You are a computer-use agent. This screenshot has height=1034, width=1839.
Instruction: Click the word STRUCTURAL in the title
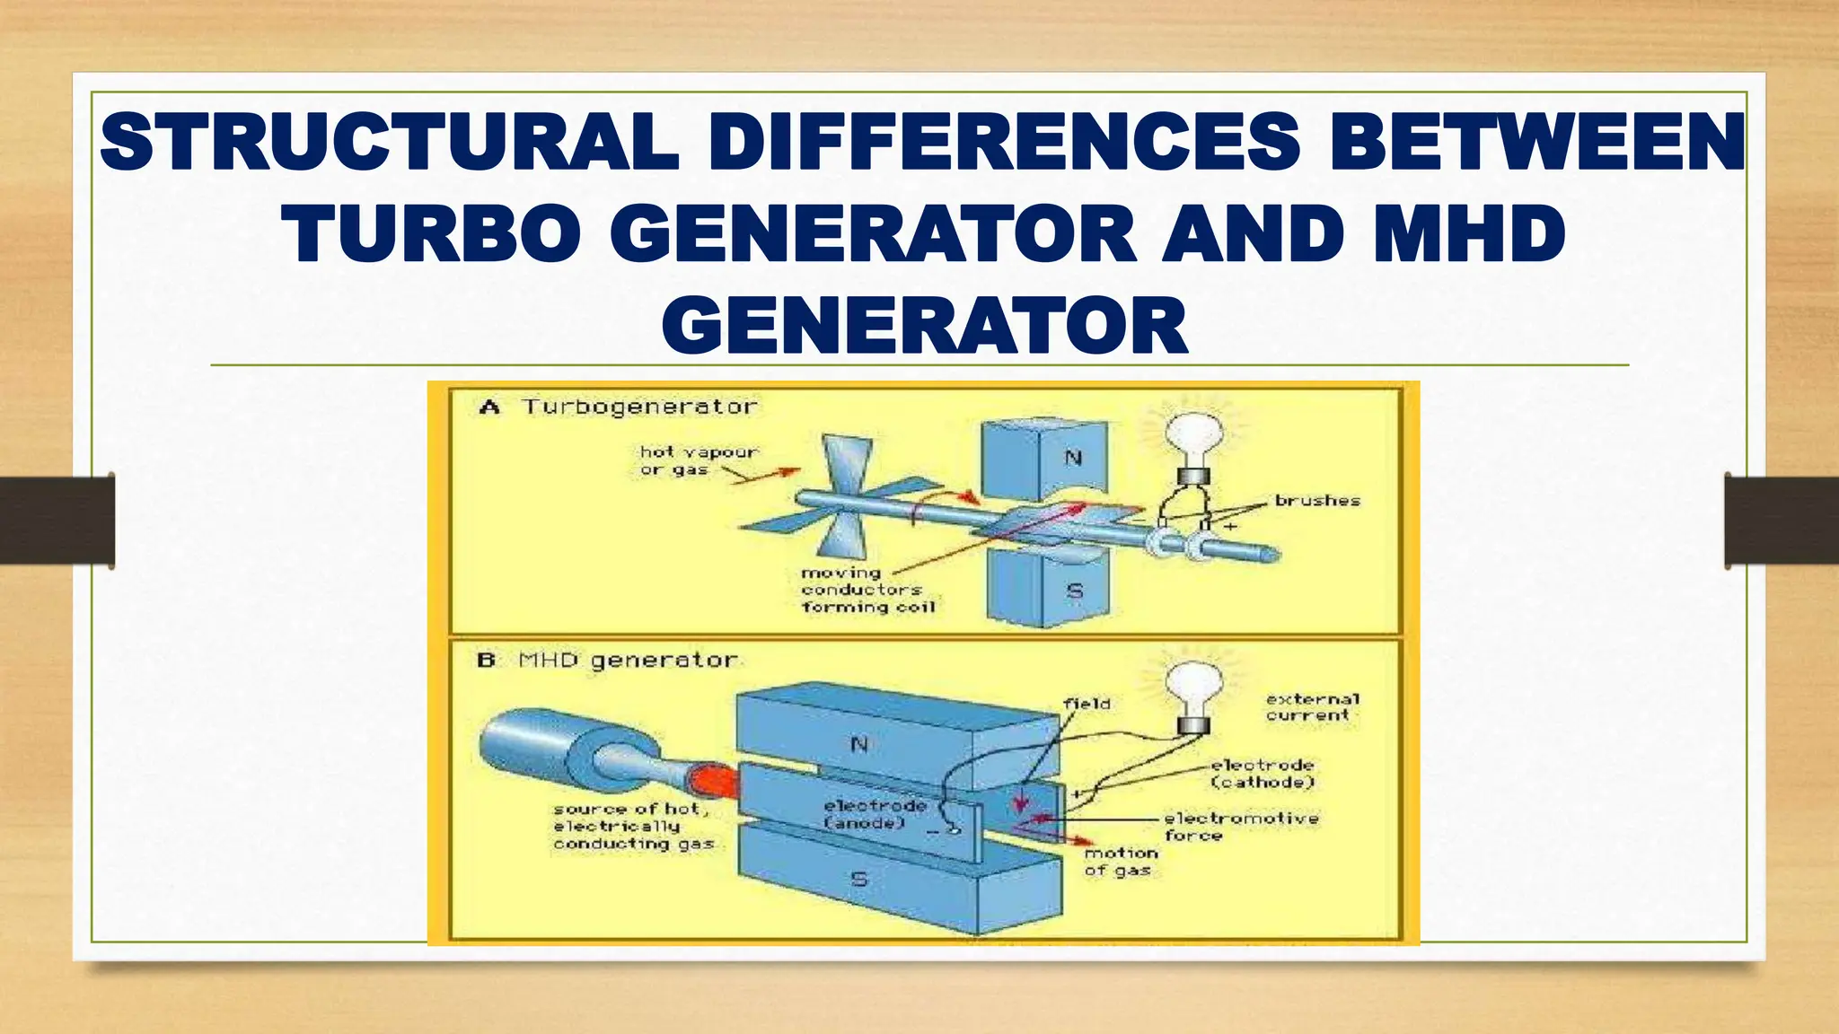(388, 143)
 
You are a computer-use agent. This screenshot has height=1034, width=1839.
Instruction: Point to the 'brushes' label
(1317, 501)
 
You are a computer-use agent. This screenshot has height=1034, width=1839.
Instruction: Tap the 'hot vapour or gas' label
(697, 460)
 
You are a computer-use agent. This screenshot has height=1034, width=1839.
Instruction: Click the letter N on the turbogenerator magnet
(1073, 458)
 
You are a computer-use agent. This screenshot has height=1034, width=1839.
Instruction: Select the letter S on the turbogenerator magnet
(1074, 591)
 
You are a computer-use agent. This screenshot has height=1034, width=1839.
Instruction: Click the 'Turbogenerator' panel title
(639, 407)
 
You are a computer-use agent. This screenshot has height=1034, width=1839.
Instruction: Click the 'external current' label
(1312, 706)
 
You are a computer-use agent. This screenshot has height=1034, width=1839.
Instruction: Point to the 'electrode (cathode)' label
(1262, 774)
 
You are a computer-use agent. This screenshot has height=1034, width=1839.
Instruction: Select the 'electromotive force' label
(1241, 826)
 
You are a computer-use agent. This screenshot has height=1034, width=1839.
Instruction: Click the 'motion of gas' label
(1120, 862)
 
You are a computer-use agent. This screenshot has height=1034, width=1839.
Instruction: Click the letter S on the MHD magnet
(859, 879)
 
